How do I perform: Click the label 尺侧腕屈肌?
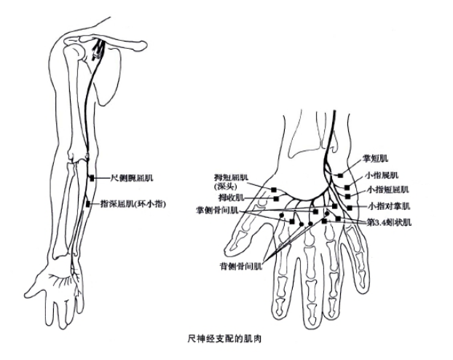[132, 178]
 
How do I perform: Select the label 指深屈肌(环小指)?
[133, 204]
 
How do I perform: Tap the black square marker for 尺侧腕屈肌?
[92, 178]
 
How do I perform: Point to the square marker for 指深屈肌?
[88, 204]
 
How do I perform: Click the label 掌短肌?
[375, 158]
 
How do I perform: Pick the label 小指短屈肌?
[388, 189]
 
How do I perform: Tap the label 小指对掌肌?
[389, 206]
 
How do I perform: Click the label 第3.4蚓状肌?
[389, 223]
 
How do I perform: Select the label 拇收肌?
[232, 197]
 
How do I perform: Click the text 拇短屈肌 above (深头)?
[231, 177]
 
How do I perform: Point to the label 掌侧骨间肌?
[217, 211]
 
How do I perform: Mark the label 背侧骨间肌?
[241, 266]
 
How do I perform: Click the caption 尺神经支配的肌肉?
[224, 338]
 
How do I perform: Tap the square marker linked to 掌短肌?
[341, 175]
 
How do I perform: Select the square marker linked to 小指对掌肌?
[350, 208]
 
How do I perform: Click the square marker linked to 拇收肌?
[276, 199]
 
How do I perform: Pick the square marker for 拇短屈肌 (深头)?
[274, 189]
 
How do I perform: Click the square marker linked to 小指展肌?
[347, 188]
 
